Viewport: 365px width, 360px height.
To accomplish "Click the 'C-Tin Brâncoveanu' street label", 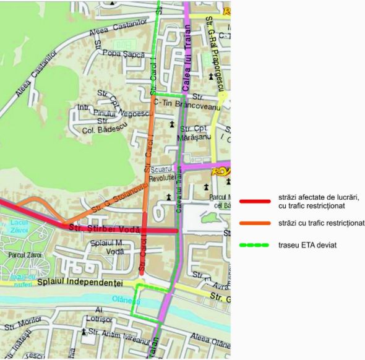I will coord(187,106).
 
